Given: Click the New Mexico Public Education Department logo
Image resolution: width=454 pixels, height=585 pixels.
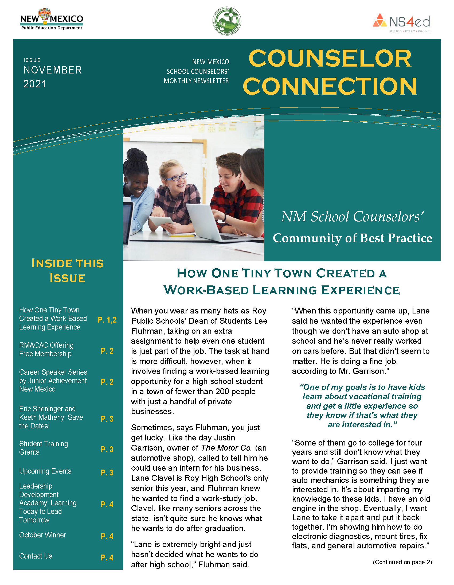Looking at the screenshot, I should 52,19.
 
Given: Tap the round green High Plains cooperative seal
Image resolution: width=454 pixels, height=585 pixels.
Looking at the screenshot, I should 227,21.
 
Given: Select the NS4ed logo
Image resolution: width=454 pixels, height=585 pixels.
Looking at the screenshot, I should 401,22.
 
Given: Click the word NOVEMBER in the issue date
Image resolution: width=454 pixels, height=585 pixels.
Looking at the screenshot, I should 53,70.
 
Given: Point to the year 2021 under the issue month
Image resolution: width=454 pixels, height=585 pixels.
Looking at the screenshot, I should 34,84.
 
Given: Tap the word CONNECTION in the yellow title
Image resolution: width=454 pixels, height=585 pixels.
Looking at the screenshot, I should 330,86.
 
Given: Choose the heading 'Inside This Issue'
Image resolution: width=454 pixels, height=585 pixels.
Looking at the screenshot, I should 68,270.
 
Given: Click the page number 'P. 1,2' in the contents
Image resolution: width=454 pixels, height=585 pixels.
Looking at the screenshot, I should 107,320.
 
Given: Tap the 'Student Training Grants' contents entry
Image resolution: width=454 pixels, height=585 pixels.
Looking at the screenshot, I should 43,448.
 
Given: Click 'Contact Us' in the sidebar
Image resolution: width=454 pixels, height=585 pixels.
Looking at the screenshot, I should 36,556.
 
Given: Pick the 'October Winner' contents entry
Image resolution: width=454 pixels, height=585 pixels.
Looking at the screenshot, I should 42,535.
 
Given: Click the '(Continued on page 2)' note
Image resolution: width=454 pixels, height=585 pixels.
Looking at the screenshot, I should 402,562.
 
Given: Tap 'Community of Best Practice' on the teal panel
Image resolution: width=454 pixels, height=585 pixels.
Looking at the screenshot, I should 352,238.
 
